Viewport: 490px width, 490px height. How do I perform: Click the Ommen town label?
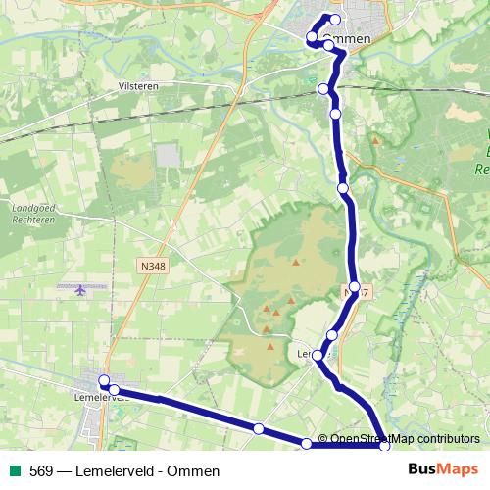point(346,38)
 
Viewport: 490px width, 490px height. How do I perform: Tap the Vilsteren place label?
point(137,86)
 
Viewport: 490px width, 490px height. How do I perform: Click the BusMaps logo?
point(444,469)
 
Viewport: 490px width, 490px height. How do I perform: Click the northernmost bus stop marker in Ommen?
point(336,20)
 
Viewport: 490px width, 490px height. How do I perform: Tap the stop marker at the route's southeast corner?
point(385,447)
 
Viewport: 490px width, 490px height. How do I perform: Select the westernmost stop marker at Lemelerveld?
point(103,379)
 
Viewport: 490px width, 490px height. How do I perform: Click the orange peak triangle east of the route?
point(375,140)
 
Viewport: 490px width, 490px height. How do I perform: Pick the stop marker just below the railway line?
point(336,115)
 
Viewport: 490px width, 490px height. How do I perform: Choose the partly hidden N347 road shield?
point(357,293)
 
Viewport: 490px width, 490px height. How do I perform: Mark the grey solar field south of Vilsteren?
point(167,155)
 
